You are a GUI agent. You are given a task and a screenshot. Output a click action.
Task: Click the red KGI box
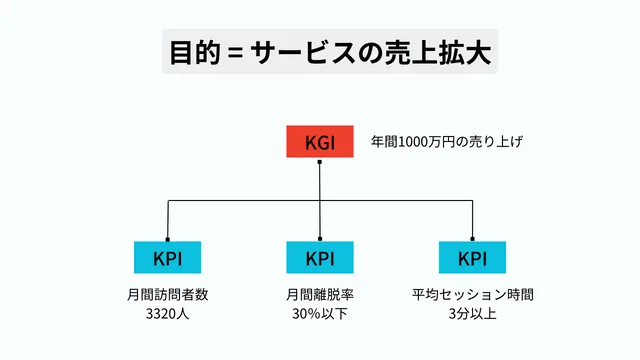point(319,142)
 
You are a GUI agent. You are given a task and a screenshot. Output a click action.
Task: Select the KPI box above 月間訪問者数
point(167,257)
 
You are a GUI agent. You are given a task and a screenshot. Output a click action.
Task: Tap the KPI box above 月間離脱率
point(319,257)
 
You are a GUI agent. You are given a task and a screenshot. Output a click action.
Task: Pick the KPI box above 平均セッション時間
point(471,257)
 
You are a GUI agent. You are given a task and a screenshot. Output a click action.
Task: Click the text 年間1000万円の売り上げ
point(447,142)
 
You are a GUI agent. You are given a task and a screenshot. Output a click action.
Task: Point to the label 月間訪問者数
point(167,295)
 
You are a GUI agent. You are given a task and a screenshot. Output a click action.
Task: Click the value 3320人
point(167,314)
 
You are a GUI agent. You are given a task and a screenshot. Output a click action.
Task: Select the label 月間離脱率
point(319,295)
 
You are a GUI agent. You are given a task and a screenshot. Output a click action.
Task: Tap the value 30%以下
point(319,314)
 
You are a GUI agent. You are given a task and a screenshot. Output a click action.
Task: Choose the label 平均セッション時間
point(472,295)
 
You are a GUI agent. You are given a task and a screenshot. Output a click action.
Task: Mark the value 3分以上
point(472,314)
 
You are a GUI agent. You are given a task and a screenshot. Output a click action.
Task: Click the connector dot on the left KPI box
point(167,240)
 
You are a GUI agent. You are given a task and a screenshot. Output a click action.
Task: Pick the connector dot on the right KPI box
point(471,240)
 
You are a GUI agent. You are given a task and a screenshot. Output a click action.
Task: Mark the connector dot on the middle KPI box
point(319,240)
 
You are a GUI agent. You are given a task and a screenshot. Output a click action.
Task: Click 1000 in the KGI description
point(412,142)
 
